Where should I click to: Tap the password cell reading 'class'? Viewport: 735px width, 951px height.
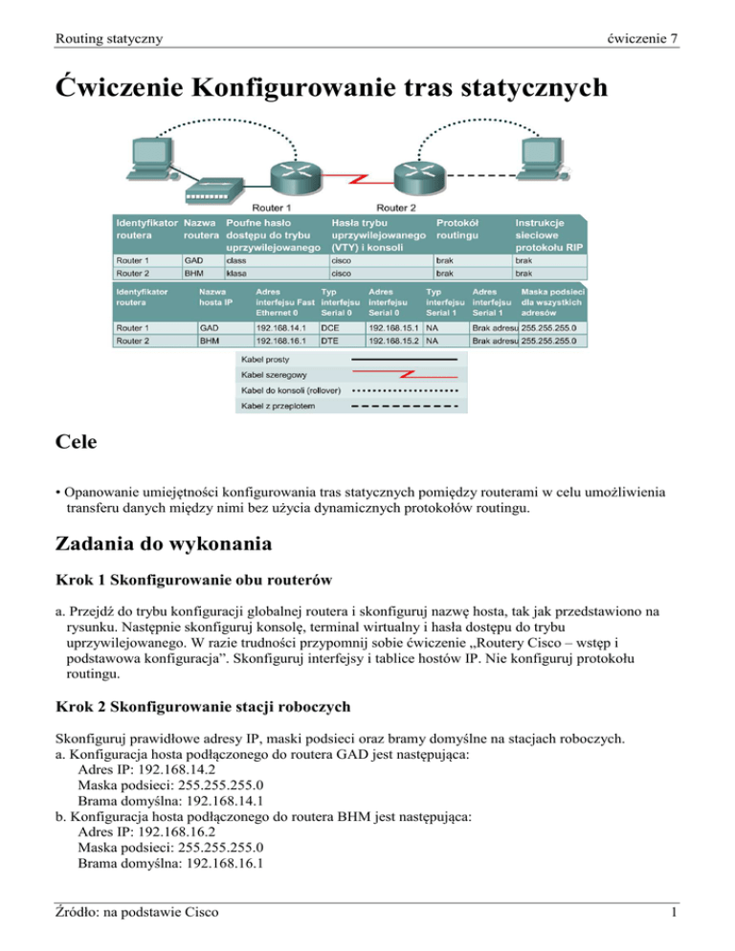coord(239,258)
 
